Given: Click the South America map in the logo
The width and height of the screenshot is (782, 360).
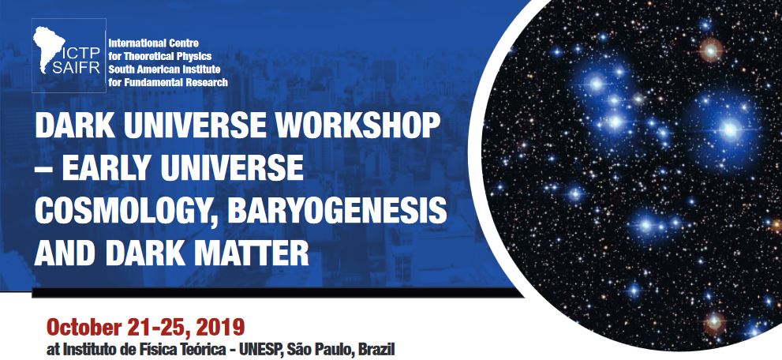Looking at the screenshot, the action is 49,48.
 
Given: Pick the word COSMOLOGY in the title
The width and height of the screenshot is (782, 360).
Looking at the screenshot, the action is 127,212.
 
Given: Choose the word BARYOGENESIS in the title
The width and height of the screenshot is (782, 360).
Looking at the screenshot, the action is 337,211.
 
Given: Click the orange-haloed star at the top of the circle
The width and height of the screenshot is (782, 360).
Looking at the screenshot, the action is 711,50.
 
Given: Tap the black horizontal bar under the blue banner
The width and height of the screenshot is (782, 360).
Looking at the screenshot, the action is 277,293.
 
